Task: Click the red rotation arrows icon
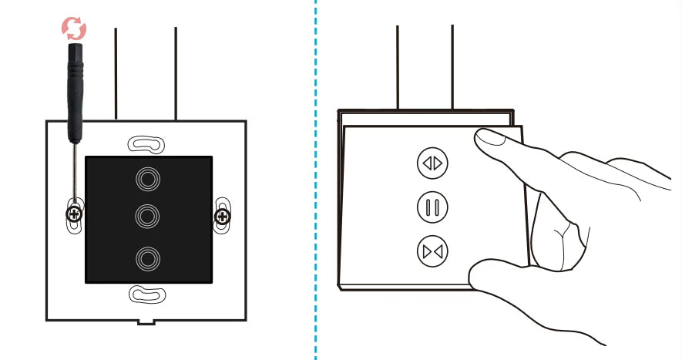(74, 29)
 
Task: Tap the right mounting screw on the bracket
(222, 216)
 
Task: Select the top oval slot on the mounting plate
(146, 144)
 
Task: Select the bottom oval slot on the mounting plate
(146, 293)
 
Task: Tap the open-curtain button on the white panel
(432, 163)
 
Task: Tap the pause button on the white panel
(432, 207)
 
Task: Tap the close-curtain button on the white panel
(432, 251)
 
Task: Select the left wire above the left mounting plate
(116, 73)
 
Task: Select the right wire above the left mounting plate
(176, 73)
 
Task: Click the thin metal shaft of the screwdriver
(74, 173)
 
